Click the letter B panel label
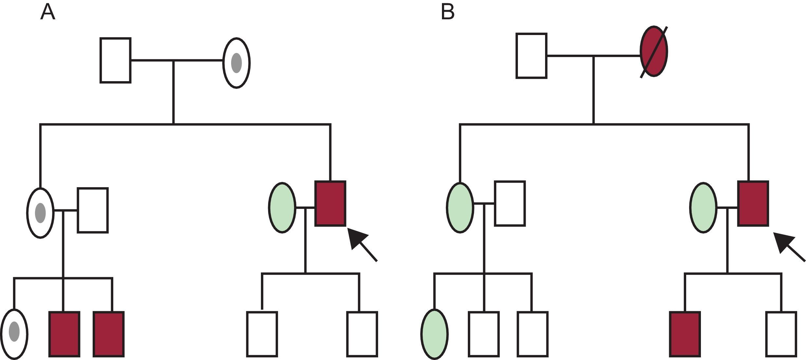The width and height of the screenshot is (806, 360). [x=448, y=12]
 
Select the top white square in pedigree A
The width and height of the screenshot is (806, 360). [x=115, y=61]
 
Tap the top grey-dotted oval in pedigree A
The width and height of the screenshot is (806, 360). [x=236, y=63]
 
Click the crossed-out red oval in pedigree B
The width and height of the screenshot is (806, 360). [x=653, y=52]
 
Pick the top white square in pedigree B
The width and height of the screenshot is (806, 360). [x=531, y=56]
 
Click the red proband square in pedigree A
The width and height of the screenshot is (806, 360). [x=330, y=204]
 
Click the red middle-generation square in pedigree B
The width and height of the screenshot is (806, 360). [x=753, y=204]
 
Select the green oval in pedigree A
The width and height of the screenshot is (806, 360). [x=282, y=207]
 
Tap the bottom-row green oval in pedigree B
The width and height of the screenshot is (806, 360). [x=434, y=334]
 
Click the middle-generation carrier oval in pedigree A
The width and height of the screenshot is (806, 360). [x=40, y=213]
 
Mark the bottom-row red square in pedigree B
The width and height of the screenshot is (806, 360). [x=685, y=334]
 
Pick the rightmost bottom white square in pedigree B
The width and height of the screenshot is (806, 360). [x=781, y=334]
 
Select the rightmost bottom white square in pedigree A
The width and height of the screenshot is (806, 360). [x=362, y=334]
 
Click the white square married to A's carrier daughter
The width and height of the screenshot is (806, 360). [x=93, y=210]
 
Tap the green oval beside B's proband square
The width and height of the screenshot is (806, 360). [x=703, y=207]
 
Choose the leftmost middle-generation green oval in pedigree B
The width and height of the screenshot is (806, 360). [x=460, y=207]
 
